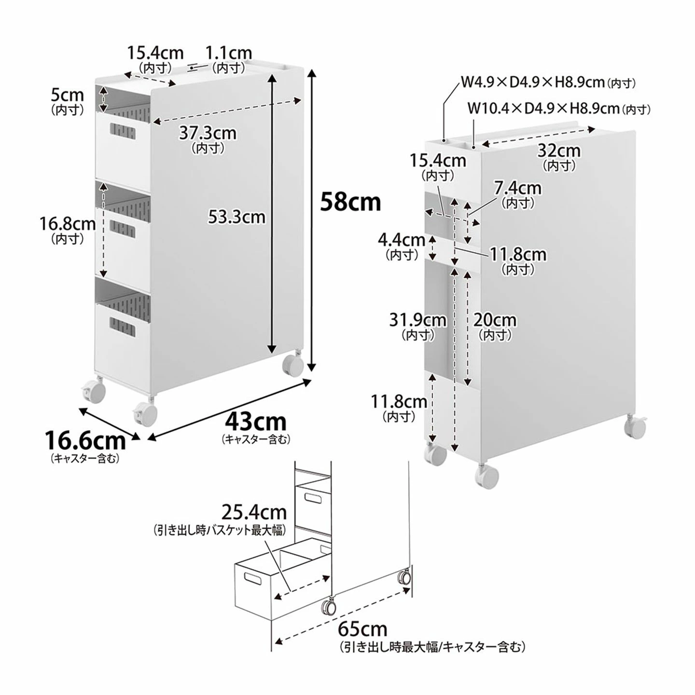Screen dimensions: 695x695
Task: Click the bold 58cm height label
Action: (x=350, y=202)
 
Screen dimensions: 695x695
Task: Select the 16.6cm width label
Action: (x=85, y=440)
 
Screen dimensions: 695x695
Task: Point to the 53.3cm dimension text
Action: (x=237, y=217)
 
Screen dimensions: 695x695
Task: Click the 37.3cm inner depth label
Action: (x=208, y=133)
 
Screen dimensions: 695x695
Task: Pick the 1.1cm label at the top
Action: (x=229, y=53)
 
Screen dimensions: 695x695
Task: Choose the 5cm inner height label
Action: (x=68, y=95)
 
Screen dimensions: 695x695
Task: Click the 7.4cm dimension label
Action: (x=518, y=188)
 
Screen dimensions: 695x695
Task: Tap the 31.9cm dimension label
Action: (x=417, y=320)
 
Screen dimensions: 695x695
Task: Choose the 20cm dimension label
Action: (x=495, y=320)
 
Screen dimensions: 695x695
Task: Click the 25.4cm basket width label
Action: (x=254, y=511)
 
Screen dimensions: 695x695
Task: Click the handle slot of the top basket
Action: (x=123, y=131)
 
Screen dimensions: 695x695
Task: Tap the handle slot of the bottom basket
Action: (x=123, y=327)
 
